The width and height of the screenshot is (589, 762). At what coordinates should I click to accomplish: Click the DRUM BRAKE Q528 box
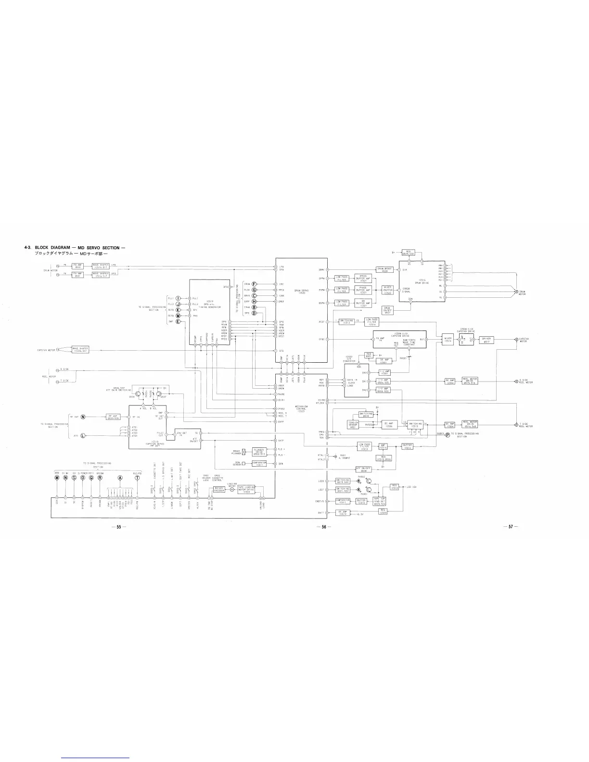click(x=384, y=270)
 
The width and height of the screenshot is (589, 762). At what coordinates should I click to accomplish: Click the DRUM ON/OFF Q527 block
click(x=387, y=310)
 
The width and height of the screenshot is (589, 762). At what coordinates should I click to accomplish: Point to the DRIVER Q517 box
click(x=487, y=340)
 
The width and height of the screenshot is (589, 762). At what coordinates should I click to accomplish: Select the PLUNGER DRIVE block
click(x=259, y=452)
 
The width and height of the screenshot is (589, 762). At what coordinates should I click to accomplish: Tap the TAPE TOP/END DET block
click(x=387, y=501)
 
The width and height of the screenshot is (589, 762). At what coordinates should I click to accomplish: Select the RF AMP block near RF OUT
click(x=113, y=417)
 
